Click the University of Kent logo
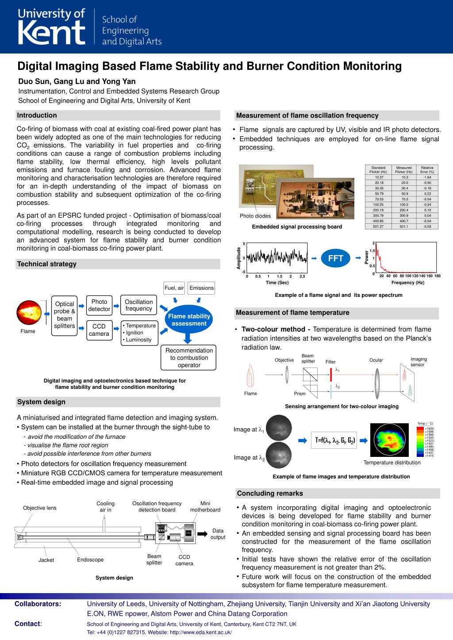[52, 27]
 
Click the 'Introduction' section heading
[37, 115]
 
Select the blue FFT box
[336, 258]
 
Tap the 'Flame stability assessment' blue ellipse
[189, 320]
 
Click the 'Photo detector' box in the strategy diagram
[99, 305]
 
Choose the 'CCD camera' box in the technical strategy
[99, 330]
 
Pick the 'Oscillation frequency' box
[138, 305]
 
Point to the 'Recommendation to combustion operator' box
[189, 358]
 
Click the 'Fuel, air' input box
[174, 288]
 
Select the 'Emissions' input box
[201, 288]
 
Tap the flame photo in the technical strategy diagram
[28, 313]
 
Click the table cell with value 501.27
[378, 226]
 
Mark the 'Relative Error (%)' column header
[427, 169]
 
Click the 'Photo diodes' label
[255, 216]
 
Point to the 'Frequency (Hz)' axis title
[407, 283]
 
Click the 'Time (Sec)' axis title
[277, 283]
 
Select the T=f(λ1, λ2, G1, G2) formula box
[335, 441]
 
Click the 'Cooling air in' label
[105, 506]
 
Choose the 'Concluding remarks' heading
[270, 494]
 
